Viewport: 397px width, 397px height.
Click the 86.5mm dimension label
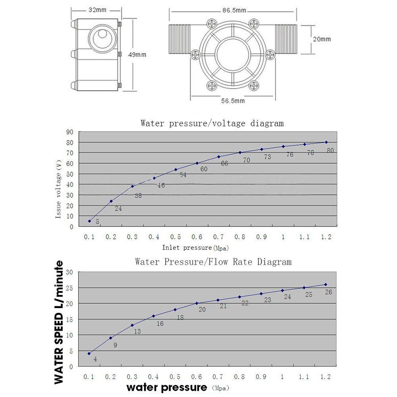pyautogui.click(x=233, y=10)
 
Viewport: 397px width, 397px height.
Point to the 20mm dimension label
pyautogui.click(x=322, y=39)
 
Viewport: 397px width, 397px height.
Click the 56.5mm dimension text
pyautogui.click(x=233, y=101)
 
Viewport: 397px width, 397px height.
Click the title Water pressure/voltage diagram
pyautogui.click(x=212, y=123)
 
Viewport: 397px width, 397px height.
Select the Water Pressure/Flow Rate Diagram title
pyautogui.click(x=213, y=262)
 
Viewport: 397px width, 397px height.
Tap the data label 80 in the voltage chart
pyautogui.click(x=330, y=150)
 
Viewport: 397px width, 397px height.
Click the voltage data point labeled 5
pyautogui.click(x=90, y=221)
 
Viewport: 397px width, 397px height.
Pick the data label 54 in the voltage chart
pyautogui.click(x=183, y=175)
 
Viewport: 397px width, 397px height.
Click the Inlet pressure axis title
pyautogui.click(x=195, y=248)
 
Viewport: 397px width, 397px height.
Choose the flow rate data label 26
pyautogui.click(x=328, y=292)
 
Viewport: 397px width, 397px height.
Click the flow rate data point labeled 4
pyautogui.click(x=89, y=353)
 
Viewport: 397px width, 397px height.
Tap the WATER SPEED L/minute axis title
pyautogui.click(x=59, y=322)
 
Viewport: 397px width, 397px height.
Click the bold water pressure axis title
pyautogui.click(x=167, y=387)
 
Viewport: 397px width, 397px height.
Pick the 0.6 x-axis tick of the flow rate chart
pyautogui.click(x=197, y=377)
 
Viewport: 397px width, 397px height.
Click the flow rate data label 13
pyautogui.click(x=137, y=331)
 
